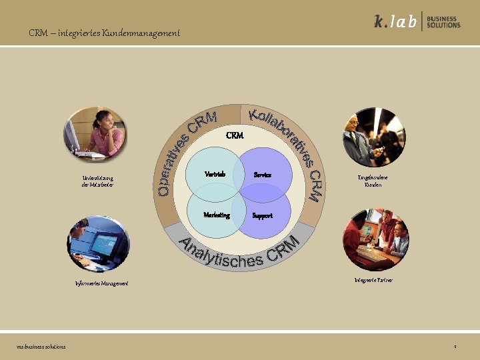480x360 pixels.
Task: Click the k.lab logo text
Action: pyautogui.click(x=395, y=22)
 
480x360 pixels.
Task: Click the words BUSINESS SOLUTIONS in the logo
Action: pyautogui.click(x=444, y=22)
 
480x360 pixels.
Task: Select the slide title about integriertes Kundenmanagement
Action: pyautogui.click(x=104, y=33)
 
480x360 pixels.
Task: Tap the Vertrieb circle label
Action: pyautogui.click(x=215, y=174)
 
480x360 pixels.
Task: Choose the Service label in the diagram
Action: pyautogui.click(x=262, y=175)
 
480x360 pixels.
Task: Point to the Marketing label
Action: pyautogui.click(x=217, y=215)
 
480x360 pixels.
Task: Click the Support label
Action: pyautogui.click(x=262, y=215)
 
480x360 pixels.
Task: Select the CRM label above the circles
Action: pyautogui.click(x=235, y=135)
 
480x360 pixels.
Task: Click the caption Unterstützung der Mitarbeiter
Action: pyautogui.click(x=97, y=181)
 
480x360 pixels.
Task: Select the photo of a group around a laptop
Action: pyautogui.click(x=375, y=239)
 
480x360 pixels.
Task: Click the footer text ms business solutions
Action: pyautogui.click(x=41, y=347)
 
